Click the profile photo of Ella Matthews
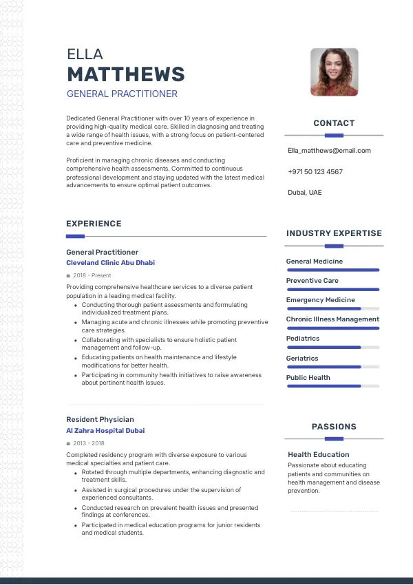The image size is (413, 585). click(334, 72)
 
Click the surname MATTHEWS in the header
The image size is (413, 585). click(126, 74)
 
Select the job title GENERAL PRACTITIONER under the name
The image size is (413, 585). click(122, 94)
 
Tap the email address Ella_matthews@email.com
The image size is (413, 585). click(329, 150)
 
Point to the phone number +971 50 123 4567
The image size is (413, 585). click(315, 171)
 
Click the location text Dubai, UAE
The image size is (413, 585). click(304, 192)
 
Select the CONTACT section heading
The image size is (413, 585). click(334, 123)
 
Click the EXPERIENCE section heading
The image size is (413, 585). click(94, 224)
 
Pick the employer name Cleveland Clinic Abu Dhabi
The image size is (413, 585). click(110, 263)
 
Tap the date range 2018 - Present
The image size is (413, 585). click(92, 275)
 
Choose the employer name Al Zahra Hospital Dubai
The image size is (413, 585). click(105, 431)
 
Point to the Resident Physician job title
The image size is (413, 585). click(100, 419)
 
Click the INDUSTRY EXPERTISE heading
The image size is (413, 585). click(334, 233)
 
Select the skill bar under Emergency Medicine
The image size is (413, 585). click(332, 309)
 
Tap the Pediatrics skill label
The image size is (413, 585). click(303, 339)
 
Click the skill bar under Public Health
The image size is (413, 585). click(332, 386)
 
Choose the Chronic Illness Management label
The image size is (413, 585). click(332, 319)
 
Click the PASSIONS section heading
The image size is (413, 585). click(334, 427)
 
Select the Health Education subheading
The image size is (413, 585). click(319, 454)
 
